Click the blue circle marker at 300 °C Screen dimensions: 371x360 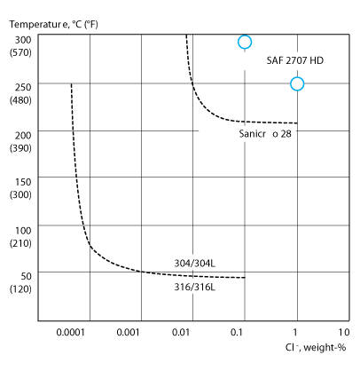tap(245, 42)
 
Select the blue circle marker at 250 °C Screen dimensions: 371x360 tap(297, 83)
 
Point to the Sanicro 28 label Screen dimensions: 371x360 tap(266, 133)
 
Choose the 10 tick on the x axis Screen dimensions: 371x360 tap(344, 334)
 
